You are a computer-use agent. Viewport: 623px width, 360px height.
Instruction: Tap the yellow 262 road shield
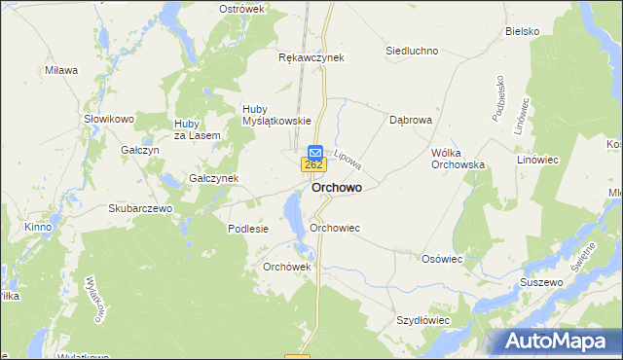point(313,165)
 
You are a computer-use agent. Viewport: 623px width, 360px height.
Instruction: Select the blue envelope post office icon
point(315,153)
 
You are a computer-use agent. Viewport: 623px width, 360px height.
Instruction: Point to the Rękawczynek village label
point(311,57)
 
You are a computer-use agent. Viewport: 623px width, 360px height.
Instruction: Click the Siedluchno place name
point(412,51)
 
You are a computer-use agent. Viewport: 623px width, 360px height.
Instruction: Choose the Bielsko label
point(522,31)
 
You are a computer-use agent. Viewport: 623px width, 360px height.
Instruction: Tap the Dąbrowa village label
point(410,122)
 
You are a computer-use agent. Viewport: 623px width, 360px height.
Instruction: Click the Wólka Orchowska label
point(458,159)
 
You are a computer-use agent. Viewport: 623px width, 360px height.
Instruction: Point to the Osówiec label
point(441,259)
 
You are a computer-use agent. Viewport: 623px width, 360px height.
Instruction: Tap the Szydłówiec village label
point(422,319)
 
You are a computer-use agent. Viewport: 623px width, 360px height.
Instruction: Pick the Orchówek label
point(286,267)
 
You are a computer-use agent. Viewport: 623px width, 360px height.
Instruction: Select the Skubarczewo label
point(140,208)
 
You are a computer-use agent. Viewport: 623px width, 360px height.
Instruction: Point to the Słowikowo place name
point(107,119)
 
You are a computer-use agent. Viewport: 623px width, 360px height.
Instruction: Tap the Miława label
point(61,70)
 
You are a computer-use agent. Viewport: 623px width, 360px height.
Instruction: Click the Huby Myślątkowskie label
point(275,115)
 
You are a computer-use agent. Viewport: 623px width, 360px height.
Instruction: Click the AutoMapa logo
point(560,341)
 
